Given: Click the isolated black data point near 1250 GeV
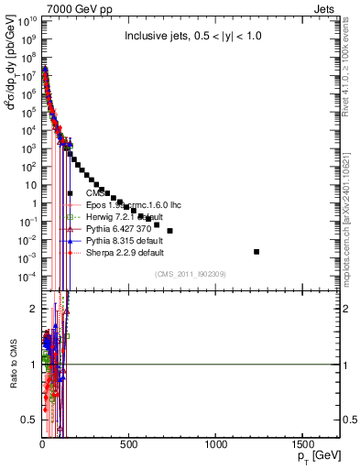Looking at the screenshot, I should tap(256, 251).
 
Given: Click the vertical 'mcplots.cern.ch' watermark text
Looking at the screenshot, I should tap(351, 220).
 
